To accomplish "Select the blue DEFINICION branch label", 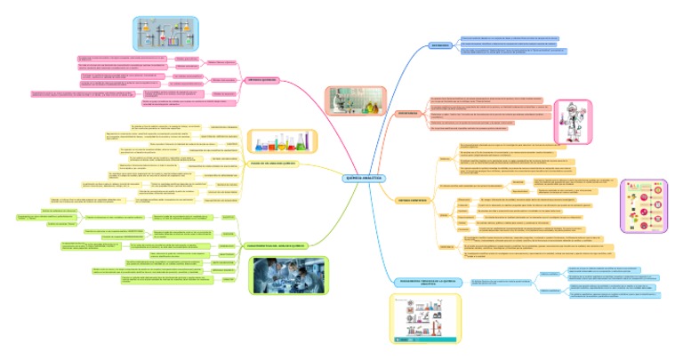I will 439,44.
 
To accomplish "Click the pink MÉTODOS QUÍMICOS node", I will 262,79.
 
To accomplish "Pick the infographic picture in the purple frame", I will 643,204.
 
